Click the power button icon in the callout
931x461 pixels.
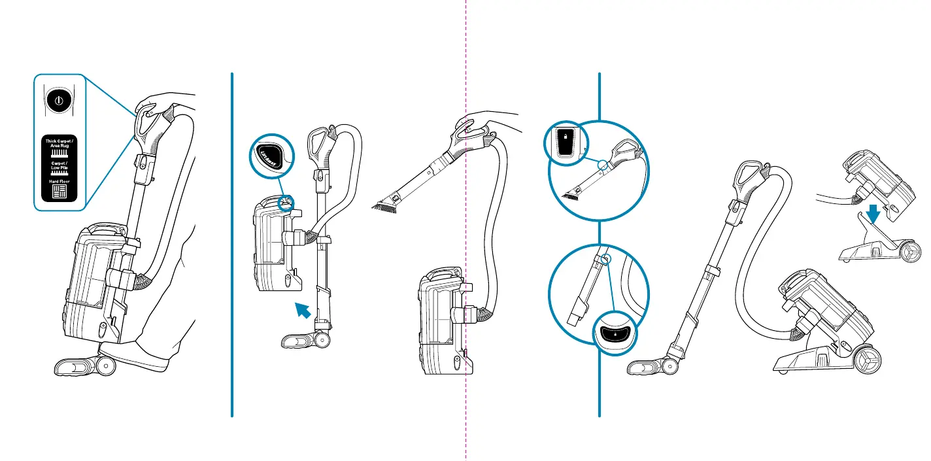pos(59,102)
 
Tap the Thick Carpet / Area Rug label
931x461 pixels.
pos(59,143)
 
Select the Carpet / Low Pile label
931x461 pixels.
pos(59,166)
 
